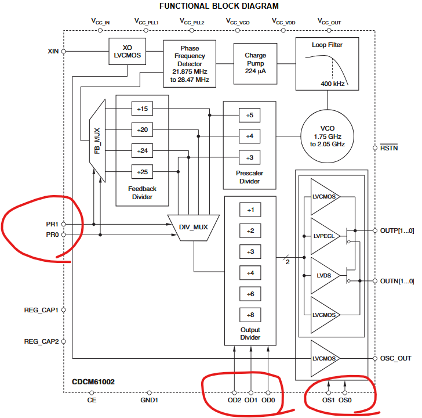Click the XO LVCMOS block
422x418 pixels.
point(126,51)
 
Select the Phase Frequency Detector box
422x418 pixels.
point(190,64)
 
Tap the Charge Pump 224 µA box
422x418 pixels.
point(256,59)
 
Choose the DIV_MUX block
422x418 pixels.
point(192,226)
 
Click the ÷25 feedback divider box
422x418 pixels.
point(141,172)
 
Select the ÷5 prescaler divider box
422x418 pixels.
point(249,115)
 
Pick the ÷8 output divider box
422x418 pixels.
point(250,315)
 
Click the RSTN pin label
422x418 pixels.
point(389,148)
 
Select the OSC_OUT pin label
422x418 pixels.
point(395,358)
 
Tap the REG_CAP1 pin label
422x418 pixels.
point(41,310)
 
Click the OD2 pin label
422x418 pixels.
point(234,400)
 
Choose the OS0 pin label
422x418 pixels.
point(345,400)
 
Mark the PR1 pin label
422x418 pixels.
point(52,224)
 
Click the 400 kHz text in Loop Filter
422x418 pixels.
point(333,84)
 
